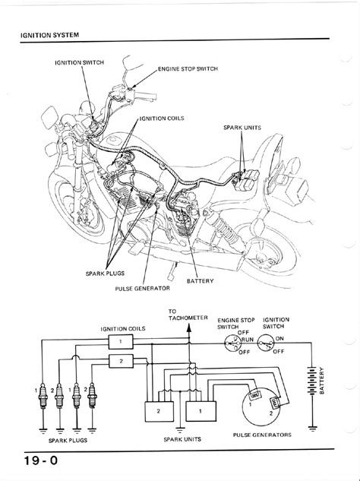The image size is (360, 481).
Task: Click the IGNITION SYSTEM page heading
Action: coord(49,35)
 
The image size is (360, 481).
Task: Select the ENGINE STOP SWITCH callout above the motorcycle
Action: coord(188,68)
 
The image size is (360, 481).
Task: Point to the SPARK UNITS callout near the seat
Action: coord(242,128)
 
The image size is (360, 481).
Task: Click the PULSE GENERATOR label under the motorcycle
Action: coord(142,288)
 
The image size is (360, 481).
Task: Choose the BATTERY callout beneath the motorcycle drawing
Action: coord(200,280)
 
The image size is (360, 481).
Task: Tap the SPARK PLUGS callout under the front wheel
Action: coord(105,273)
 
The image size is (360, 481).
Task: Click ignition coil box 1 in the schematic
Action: coord(121,342)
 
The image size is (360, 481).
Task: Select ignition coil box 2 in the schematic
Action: coord(121,361)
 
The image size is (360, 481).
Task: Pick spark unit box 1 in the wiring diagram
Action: coord(201,411)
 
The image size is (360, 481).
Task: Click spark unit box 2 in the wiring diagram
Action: coord(159,411)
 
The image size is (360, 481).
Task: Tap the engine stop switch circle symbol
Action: coord(233,343)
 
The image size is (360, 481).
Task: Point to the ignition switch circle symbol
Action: coord(266,343)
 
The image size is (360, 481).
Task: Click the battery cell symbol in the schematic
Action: coord(312,381)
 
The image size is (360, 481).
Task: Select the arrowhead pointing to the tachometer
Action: coord(189,328)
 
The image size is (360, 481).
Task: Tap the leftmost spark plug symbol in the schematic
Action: coord(43,396)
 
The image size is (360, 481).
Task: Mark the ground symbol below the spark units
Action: coord(180,429)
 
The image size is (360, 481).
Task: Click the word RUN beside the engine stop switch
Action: coord(248,340)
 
